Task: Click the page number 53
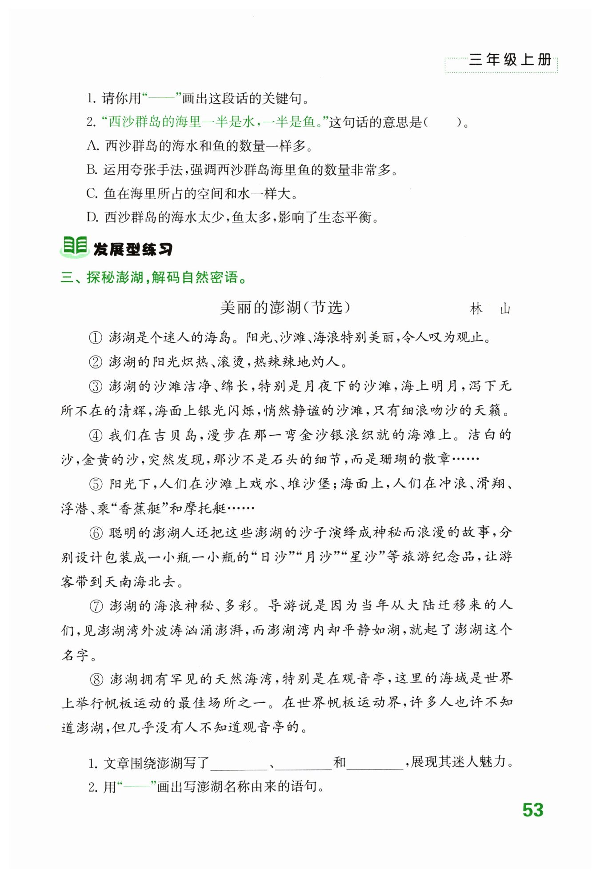click(x=532, y=810)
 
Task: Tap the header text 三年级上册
click(x=510, y=60)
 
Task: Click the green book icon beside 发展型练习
click(x=74, y=247)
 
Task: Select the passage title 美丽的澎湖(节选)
click(x=285, y=308)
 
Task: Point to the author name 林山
click(x=490, y=309)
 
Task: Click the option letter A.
click(x=92, y=145)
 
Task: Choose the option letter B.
click(x=92, y=169)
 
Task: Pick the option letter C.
click(x=92, y=193)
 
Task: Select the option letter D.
click(x=92, y=217)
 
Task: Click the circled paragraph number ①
click(x=96, y=338)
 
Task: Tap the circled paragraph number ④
click(x=96, y=436)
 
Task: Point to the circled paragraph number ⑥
click(x=96, y=533)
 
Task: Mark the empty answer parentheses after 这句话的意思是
click(x=442, y=122)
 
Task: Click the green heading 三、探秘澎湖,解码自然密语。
click(x=153, y=278)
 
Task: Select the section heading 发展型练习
click(x=132, y=249)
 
